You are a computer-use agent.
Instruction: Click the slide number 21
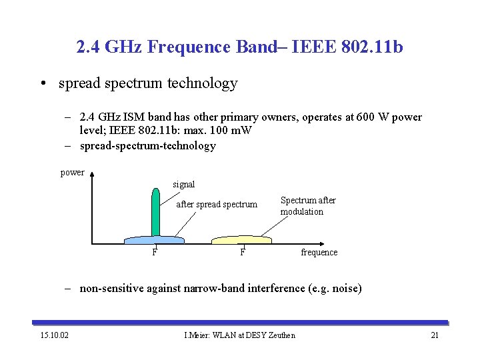pos(435,335)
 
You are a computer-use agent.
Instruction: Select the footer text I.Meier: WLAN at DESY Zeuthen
pos(239,335)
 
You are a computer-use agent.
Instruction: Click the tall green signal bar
pos(155,212)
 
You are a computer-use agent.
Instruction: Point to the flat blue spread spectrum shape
pos(154,239)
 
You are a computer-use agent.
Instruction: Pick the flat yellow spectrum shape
pos(241,239)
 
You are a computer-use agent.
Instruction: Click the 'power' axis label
pos(72,173)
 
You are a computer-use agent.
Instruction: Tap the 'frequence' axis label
pos(319,253)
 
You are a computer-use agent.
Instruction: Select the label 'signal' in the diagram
pos(183,184)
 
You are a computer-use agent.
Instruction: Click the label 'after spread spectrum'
pos(216,205)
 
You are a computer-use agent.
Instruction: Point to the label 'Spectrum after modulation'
pos(307,206)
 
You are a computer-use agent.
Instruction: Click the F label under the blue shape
pos(154,253)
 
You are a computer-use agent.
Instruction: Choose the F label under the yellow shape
pos(243,253)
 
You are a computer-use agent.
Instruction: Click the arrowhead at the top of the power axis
pos(93,177)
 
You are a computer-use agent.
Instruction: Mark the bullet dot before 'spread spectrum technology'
pos(42,84)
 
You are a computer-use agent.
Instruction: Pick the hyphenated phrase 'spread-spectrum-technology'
pos(147,146)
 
